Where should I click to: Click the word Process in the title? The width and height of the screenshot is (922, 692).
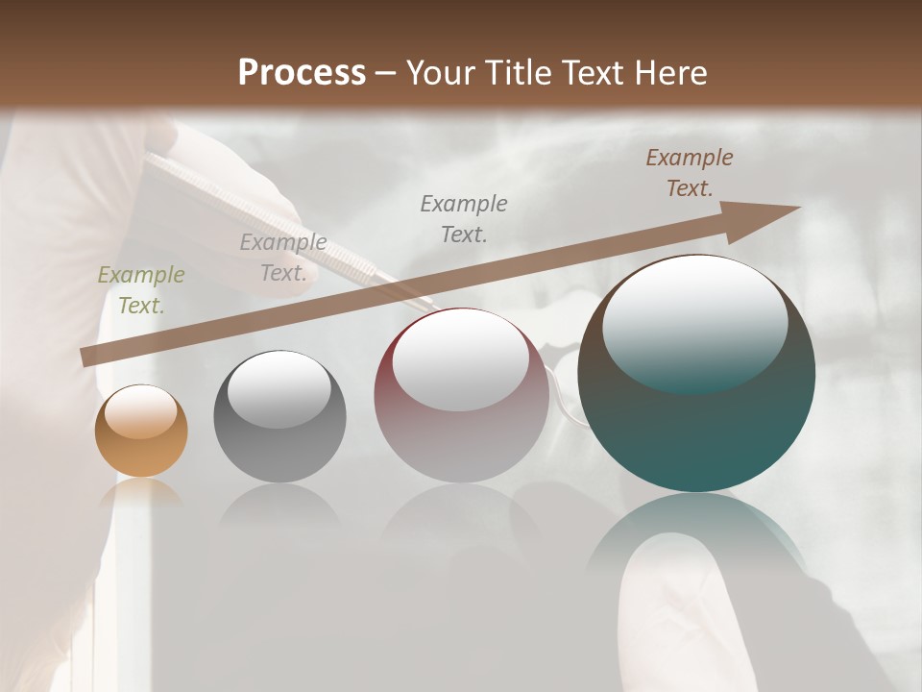click(x=302, y=73)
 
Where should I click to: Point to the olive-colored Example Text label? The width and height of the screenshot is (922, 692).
click(x=141, y=290)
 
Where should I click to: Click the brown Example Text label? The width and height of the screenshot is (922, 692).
click(x=690, y=173)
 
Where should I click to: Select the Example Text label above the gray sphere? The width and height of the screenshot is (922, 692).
click(x=283, y=258)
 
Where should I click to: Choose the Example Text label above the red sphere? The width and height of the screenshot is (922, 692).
click(x=464, y=218)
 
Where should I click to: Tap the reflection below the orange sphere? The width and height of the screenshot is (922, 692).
click(x=141, y=492)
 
